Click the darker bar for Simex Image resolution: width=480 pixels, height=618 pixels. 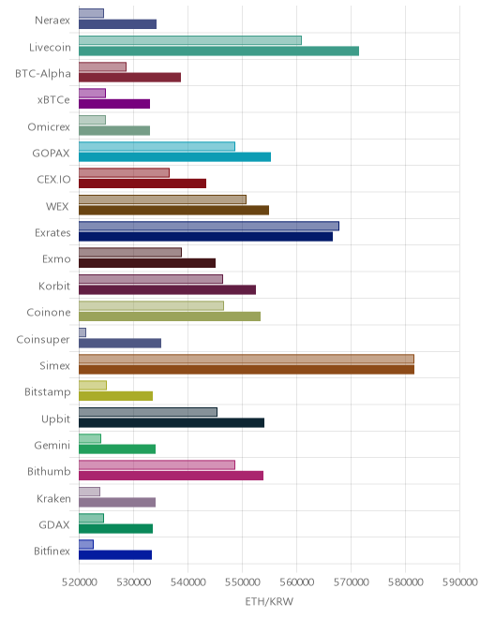point(247,369)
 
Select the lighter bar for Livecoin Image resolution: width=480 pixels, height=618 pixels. point(190,40)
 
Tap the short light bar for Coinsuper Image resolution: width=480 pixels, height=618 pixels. point(82,332)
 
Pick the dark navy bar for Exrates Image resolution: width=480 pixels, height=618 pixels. point(205,237)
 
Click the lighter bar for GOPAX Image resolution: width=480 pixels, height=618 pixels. point(157,146)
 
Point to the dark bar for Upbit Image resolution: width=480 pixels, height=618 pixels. point(172,422)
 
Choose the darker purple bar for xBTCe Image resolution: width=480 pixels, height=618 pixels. point(114,104)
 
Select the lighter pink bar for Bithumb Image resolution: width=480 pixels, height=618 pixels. point(157,464)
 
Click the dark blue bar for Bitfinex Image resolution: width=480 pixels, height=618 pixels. point(115,555)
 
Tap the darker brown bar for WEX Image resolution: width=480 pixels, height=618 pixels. point(173,210)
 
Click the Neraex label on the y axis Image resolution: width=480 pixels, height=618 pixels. point(52,20)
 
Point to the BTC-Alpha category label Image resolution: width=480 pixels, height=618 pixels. point(43,74)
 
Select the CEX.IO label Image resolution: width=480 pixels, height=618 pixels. point(53,180)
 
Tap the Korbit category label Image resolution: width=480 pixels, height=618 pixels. point(54,286)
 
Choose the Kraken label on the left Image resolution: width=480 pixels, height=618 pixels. point(53,498)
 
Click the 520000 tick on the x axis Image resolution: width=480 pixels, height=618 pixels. point(79,581)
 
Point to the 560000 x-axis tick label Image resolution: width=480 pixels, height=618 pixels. point(297,581)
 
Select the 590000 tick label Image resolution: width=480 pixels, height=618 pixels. point(460,581)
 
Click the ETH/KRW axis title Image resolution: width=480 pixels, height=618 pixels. point(269,601)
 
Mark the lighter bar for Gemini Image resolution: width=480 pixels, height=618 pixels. point(90,438)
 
